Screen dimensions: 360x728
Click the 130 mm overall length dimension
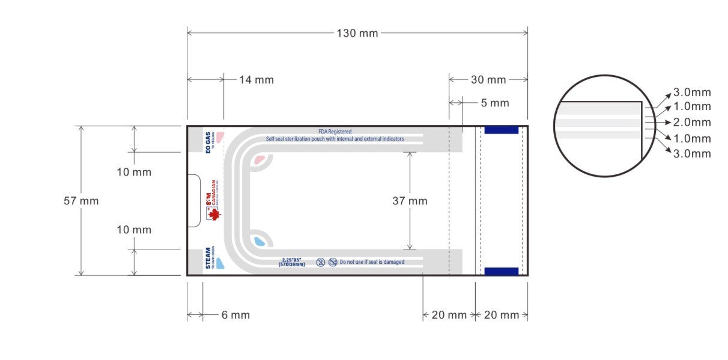point(357,33)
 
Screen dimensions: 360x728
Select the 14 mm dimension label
point(256,79)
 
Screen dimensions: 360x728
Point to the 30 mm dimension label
point(488,79)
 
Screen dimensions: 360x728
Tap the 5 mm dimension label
point(495,103)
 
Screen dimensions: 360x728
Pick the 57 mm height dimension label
point(81,201)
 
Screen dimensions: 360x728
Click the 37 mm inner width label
point(410,201)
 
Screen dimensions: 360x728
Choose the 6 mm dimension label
point(235,315)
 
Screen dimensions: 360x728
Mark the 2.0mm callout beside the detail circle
point(692,122)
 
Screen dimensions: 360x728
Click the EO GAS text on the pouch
point(208,142)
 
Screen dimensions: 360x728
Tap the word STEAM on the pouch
point(208,258)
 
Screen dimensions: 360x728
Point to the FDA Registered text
point(335,132)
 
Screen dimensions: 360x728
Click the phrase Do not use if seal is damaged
point(372,262)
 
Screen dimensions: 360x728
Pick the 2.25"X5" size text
point(291,260)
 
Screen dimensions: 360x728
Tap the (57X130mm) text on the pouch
point(291,264)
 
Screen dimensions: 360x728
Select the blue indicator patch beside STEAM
point(219,263)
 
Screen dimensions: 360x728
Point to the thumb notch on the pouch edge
point(193,201)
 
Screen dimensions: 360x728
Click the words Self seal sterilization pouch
point(300,139)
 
